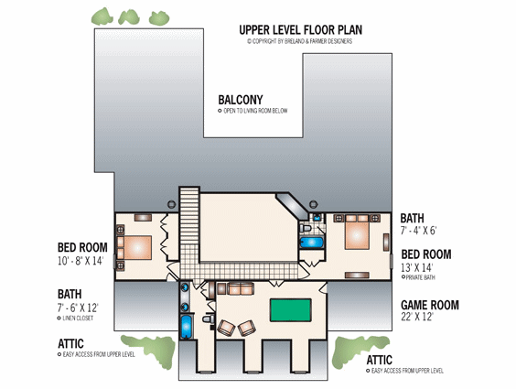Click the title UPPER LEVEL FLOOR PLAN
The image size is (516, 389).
coord(300,30)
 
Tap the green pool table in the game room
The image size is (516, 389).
coord(290,310)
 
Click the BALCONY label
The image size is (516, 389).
coord(241,100)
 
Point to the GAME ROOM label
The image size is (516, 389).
coord(429,305)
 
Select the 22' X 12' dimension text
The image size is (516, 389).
coord(417,317)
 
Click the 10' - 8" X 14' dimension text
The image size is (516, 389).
coord(81,261)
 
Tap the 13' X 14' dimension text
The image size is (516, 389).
coord(416,267)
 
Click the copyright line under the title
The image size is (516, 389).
coord(299,41)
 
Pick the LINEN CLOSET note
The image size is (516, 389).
coord(75,319)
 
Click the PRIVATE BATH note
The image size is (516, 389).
coord(418,277)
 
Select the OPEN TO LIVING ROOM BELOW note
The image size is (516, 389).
coord(253,111)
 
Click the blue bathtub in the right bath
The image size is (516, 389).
coord(311,243)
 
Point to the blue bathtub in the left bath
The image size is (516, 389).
coord(187,326)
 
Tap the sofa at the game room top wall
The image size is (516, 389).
coord(241,288)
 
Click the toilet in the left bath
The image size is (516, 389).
coord(209,319)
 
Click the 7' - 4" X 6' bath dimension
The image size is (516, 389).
coord(418,231)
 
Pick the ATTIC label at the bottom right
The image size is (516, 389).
coord(379,360)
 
